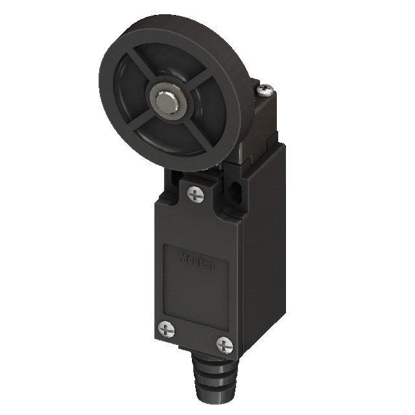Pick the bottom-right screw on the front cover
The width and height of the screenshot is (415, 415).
(224, 343)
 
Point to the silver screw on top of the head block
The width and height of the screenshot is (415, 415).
(268, 91)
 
